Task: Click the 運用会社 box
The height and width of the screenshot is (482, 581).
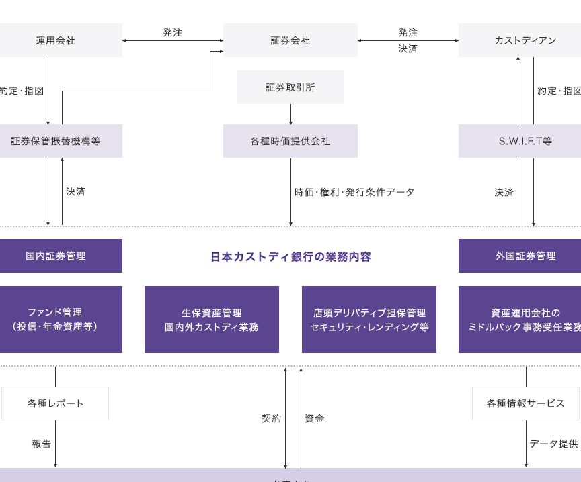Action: (x=56, y=40)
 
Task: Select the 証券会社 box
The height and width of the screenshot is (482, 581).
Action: (x=290, y=40)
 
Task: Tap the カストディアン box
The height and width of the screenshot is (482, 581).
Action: (x=525, y=40)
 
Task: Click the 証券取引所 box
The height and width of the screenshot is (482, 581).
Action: (x=290, y=87)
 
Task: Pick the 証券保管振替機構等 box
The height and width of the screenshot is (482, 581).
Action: (x=56, y=141)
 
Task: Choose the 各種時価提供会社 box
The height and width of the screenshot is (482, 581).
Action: (x=290, y=141)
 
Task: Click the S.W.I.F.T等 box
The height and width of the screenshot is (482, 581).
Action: (x=525, y=141)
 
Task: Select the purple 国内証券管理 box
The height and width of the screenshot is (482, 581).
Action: (x=56, y=256)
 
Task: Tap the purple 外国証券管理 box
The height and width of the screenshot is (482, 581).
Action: (x=525, y=256)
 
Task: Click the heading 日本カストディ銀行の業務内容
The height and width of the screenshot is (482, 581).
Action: (x=290, y=256)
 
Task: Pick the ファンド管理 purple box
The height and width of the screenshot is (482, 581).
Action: (x=56, y=320)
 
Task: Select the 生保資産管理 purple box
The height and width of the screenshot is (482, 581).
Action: (x=211, y=320)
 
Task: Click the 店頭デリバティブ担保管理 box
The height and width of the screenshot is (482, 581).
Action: (x=369, y=320)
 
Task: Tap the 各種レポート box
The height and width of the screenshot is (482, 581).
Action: (x=56, y=403)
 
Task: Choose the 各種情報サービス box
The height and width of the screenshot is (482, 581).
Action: (x=525, y=403)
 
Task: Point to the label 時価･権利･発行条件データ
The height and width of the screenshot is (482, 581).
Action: (x=354, y=192)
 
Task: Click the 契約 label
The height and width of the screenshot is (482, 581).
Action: (x=271, y=418)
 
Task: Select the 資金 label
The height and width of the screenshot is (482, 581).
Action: (x=314, y=418)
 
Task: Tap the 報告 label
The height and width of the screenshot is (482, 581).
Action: (x=41, y=444)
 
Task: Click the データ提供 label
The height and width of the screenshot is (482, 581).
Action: (x=553, y=444)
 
